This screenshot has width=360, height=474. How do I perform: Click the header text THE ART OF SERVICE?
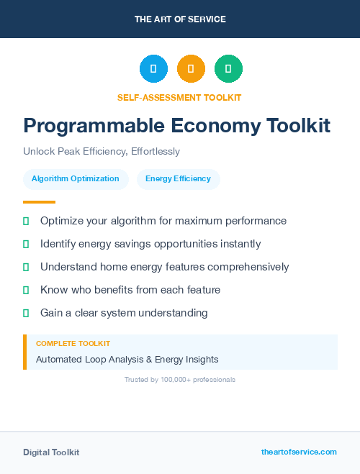point(180,19)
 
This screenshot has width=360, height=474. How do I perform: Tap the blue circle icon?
point(153,69)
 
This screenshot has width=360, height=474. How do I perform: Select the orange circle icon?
point(191,69)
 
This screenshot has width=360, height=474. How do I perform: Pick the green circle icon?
point(228,69)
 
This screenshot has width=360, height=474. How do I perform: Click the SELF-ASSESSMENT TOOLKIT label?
point(179,97)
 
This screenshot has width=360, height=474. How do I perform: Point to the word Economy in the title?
point(217,126)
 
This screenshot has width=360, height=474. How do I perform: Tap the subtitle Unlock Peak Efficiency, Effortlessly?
point(102,152)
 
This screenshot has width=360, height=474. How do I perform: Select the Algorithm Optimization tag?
point(76,179)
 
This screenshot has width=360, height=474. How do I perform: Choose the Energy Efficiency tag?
point(178,179)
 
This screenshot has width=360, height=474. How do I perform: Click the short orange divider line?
point(39,202)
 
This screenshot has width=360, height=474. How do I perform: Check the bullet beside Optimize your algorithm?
point(26,221)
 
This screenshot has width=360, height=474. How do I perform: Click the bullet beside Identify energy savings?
point(26,244)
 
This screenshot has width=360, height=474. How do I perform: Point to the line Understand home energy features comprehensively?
point(164,267)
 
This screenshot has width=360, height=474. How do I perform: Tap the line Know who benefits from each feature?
point(130,290)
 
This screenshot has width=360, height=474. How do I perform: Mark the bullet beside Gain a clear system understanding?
point(26,313)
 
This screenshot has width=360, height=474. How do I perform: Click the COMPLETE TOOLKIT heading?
point(73,344)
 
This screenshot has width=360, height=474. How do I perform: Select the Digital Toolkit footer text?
point(51,452)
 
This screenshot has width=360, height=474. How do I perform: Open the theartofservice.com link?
point(299,452)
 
